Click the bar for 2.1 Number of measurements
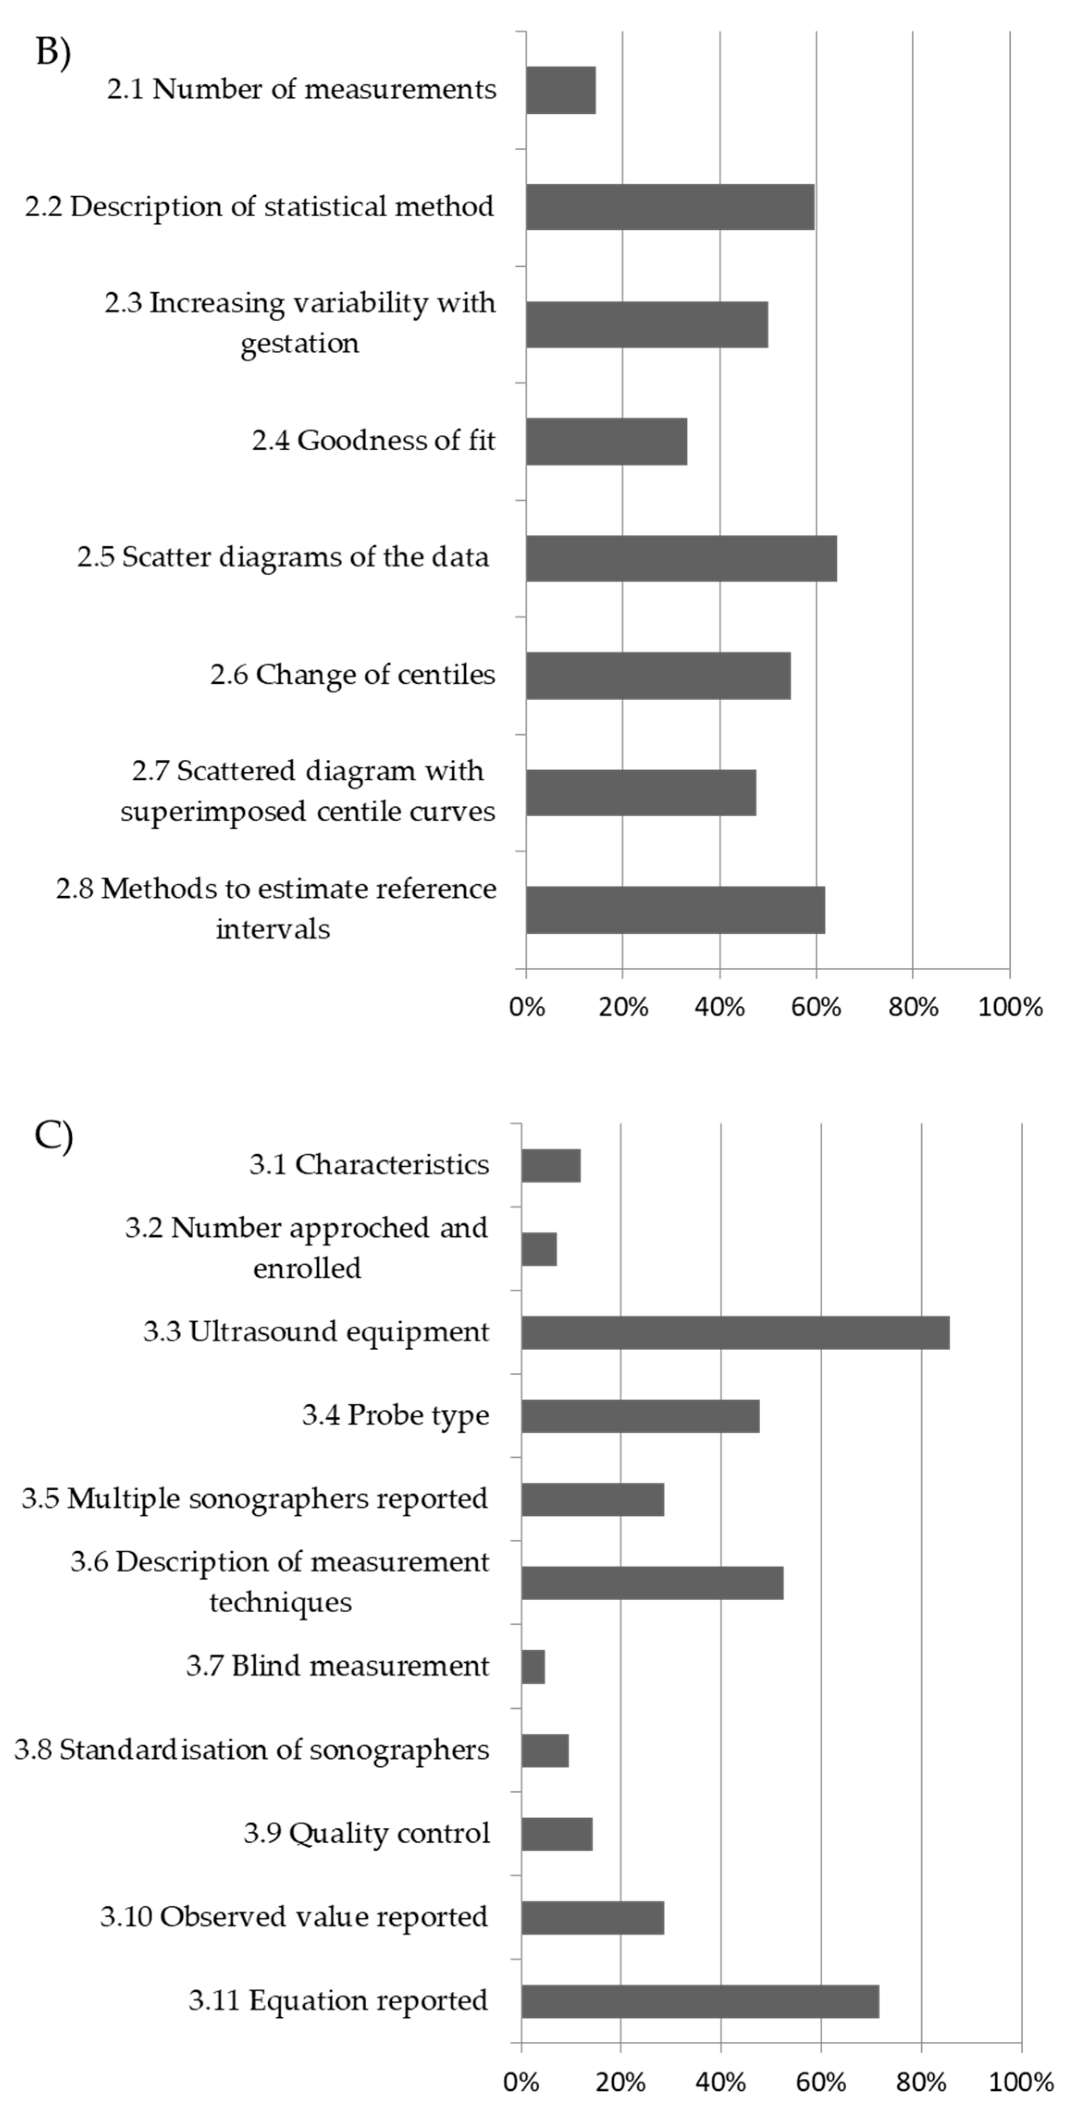[561, 90]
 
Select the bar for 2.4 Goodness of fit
[606, 441]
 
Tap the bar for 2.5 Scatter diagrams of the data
[682, 558]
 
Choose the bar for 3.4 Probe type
[641, 1416]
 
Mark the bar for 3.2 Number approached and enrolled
[539, 1249]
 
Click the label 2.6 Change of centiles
[353, 675]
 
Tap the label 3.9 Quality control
[367, 1833]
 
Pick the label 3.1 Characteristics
[369, 1164]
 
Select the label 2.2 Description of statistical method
[260, 207]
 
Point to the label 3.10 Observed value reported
[295, 1917]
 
